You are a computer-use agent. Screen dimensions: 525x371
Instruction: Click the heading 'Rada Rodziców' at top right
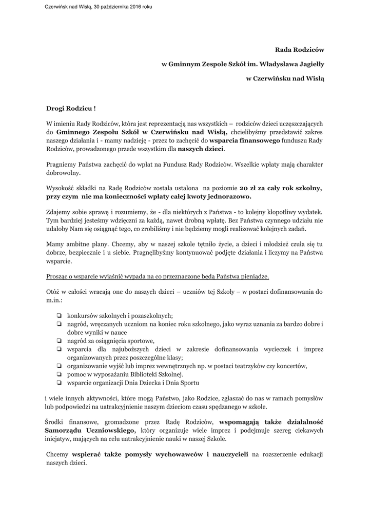(x=300, y=49)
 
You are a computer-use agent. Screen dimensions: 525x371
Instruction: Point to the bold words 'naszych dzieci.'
(x=201, y=149)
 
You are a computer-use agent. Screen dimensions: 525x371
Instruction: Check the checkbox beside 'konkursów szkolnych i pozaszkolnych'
(x=60, y=316)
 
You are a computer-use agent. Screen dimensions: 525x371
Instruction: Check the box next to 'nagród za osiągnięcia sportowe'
(x=60, y=341)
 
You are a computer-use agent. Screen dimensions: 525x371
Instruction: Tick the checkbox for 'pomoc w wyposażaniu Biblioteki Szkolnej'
(x=60, y=374)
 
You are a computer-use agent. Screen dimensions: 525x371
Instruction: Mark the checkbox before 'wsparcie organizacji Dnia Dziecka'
(x=60, y=382)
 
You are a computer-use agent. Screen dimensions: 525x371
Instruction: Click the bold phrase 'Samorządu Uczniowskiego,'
(x=91, y=430)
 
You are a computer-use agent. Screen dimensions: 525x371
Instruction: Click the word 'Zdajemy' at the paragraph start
(x=60, y=212)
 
